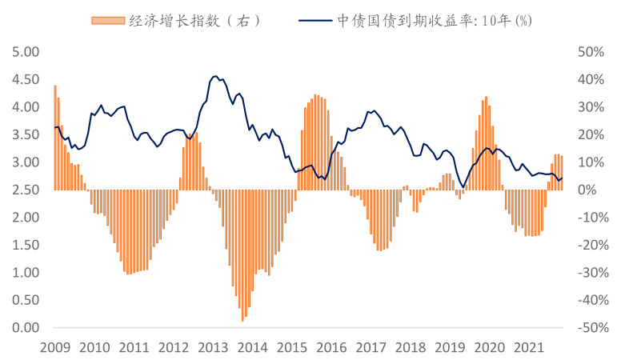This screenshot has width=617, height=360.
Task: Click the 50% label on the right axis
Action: click(x=590, y=52)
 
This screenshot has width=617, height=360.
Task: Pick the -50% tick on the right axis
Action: click(x=588, y=327)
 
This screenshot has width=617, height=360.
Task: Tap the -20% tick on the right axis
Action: click(x=588, y=245)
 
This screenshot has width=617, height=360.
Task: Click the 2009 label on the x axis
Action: click(x=54, y=347)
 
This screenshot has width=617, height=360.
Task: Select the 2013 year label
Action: click(x=213, y=347)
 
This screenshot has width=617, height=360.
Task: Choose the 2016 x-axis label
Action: click(x=331, y=347)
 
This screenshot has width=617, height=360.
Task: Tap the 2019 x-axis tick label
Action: click(x=450, y=347)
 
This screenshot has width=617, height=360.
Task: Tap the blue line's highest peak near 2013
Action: click(x=215, y=76)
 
